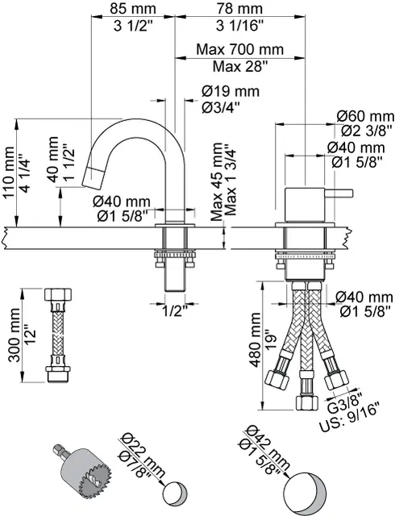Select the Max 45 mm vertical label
[x=216, y=181]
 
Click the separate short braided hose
[x=57, y=333]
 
